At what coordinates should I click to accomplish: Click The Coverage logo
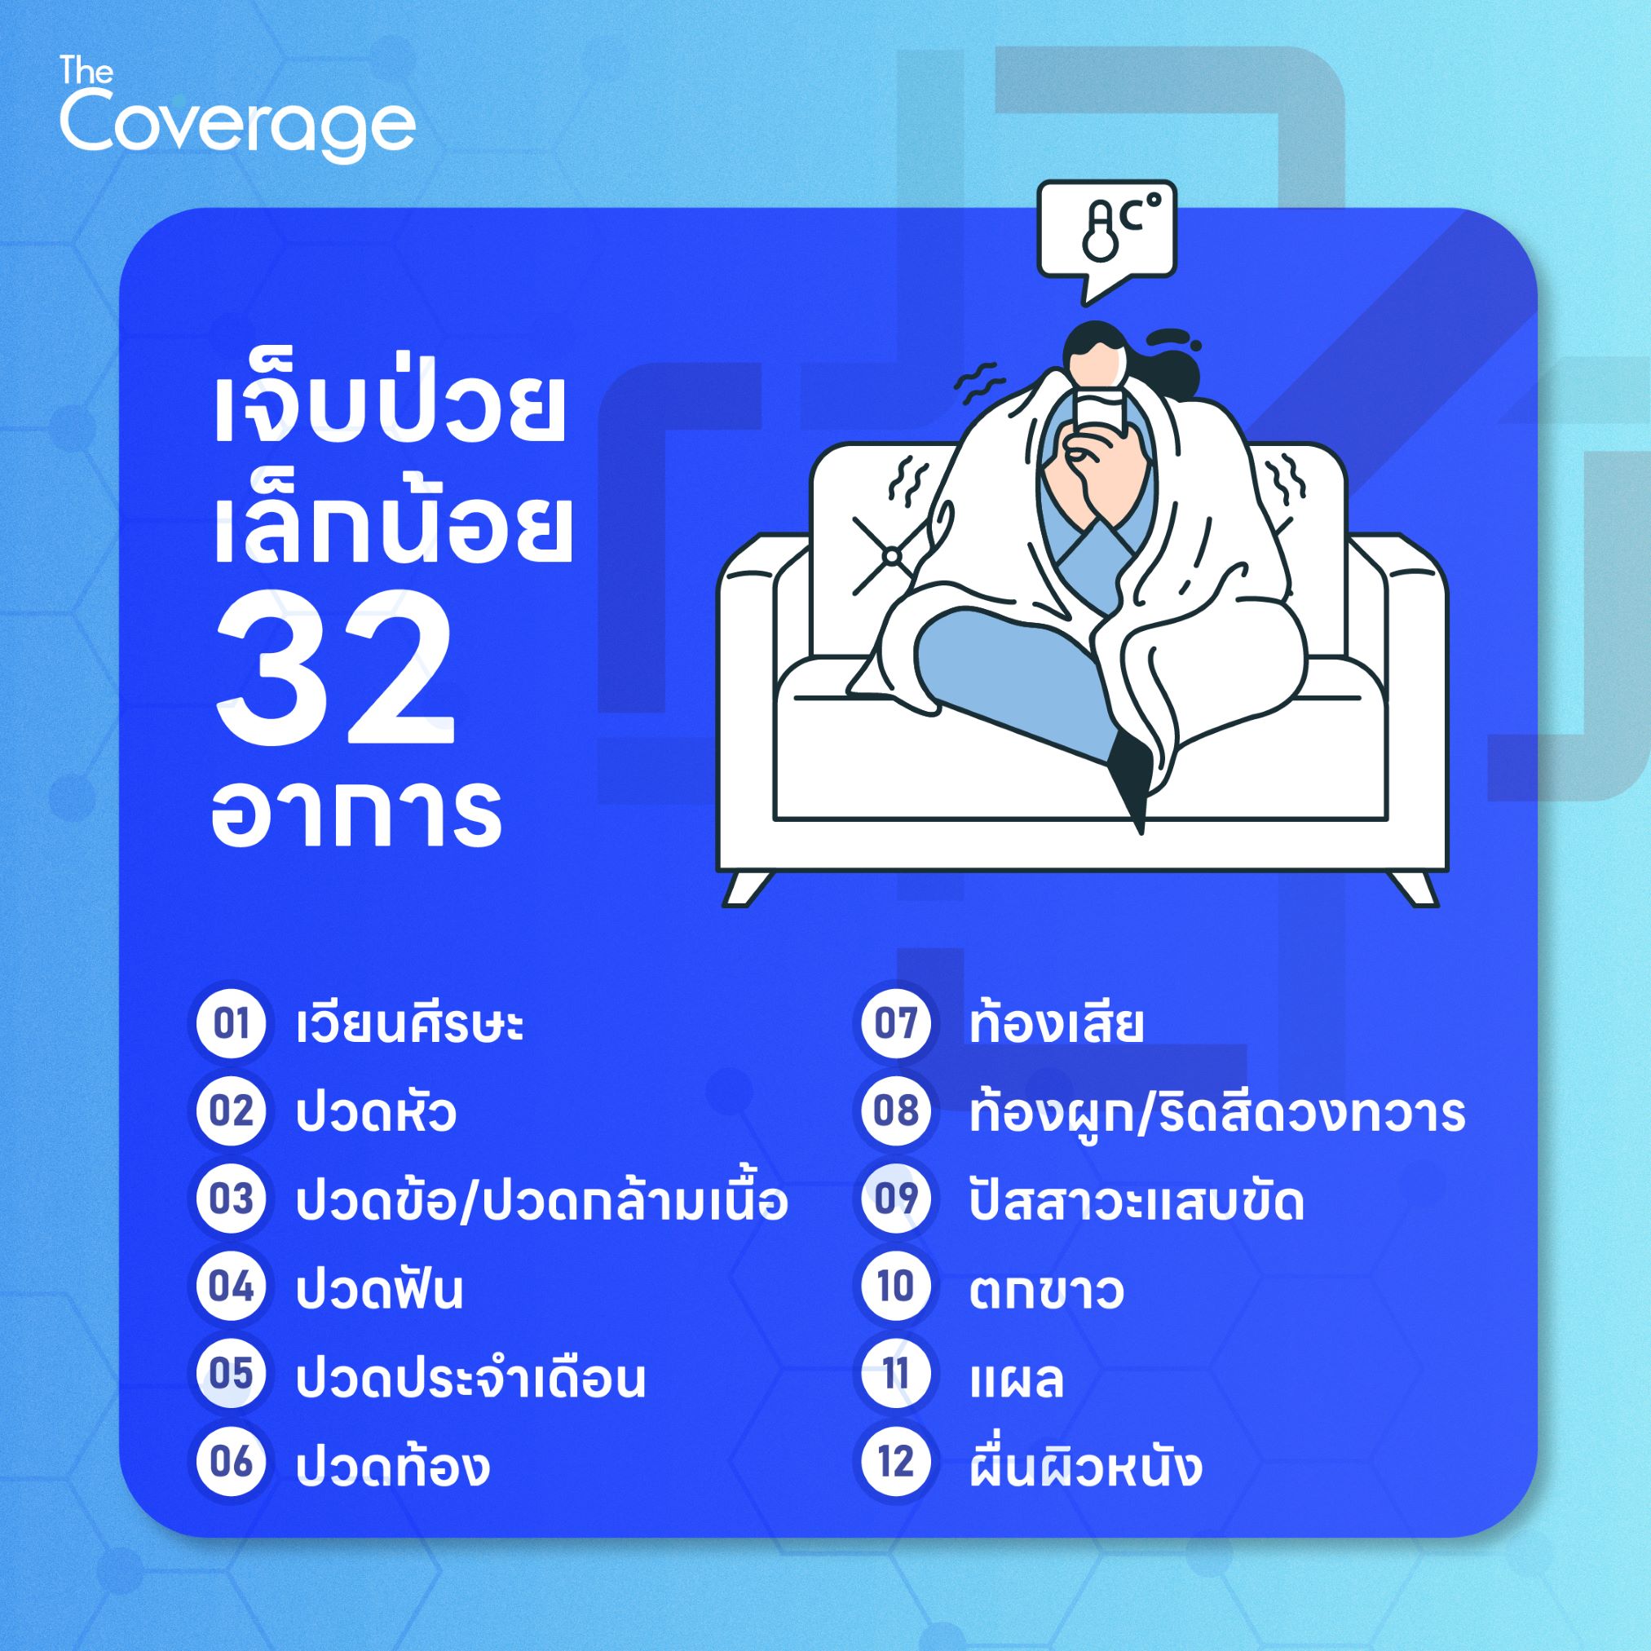pyautogui.click(x=237, y=111)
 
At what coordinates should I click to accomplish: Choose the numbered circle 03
pyautogui.click(x=231, y=1200)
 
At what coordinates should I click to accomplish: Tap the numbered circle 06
pyautogui.click(x=231, y=1463)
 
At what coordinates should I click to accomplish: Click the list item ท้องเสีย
pyautogui.click(x=1056, y=1022)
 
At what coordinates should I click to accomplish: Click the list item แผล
pyautogui.click(x=1016, y=1378)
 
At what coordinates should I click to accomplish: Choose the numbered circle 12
pyautogui.click(x=895, y=1463)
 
